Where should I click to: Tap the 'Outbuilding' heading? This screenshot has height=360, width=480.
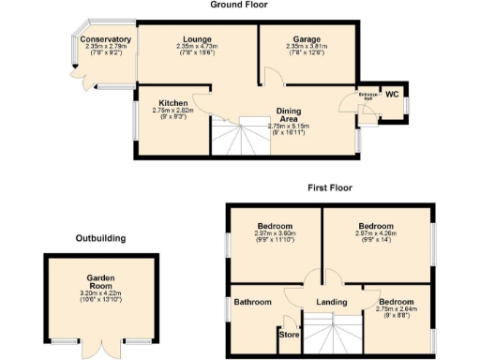click(x=100, y=238)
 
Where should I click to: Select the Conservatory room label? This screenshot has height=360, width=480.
click(x=105, y=39)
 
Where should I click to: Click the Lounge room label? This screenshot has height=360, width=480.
click(x=197, y=39)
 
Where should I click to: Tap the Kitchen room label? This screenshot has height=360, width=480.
click(x=172, y=102)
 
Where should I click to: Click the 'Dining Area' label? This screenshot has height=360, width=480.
click(x=288, y=114)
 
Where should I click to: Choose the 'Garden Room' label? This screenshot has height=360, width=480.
click(x=100, y=282)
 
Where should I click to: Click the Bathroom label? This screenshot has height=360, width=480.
click(x=253, y=302)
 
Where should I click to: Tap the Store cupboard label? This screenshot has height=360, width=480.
click(x=289, y=333)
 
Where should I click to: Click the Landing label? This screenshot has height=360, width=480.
click(x=331, y=302)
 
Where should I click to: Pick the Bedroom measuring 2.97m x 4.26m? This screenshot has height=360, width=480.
click(x=376, y=227)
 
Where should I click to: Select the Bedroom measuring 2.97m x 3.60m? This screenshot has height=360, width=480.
click(x=276, y=227)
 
